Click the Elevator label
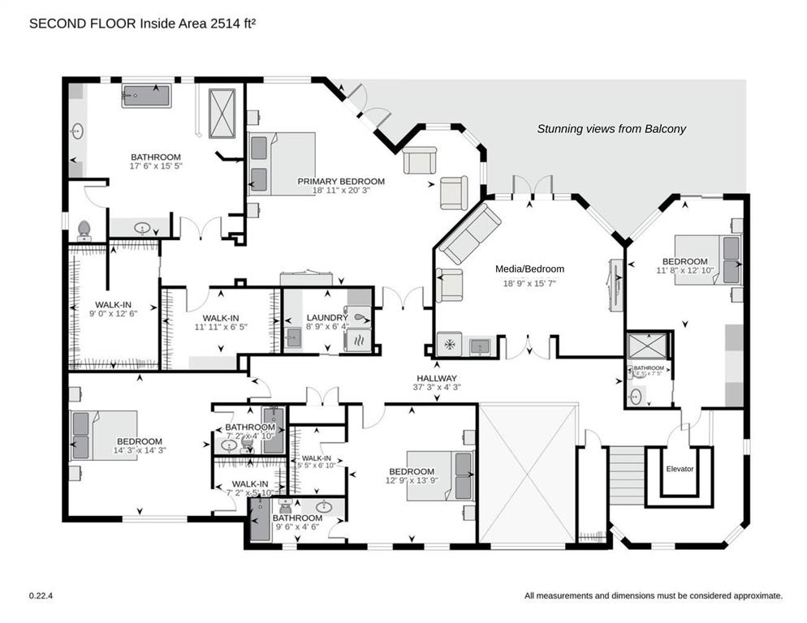click(680, 468)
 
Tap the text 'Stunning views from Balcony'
click(611, 129)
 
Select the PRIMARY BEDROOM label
click(341, 182)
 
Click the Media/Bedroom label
click(529, 269)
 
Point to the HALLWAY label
click(437, 378)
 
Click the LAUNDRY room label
click(327, 318)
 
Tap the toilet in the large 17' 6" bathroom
click(84, 230)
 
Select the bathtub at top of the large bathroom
click(146, 95)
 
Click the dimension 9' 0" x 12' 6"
click(111, 314)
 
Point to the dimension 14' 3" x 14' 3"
click(139, 450)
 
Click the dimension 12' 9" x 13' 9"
click(411, 481)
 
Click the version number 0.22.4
click(41, 595)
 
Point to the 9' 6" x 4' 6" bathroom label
click(297, 518)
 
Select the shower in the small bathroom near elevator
click(648, 347)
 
